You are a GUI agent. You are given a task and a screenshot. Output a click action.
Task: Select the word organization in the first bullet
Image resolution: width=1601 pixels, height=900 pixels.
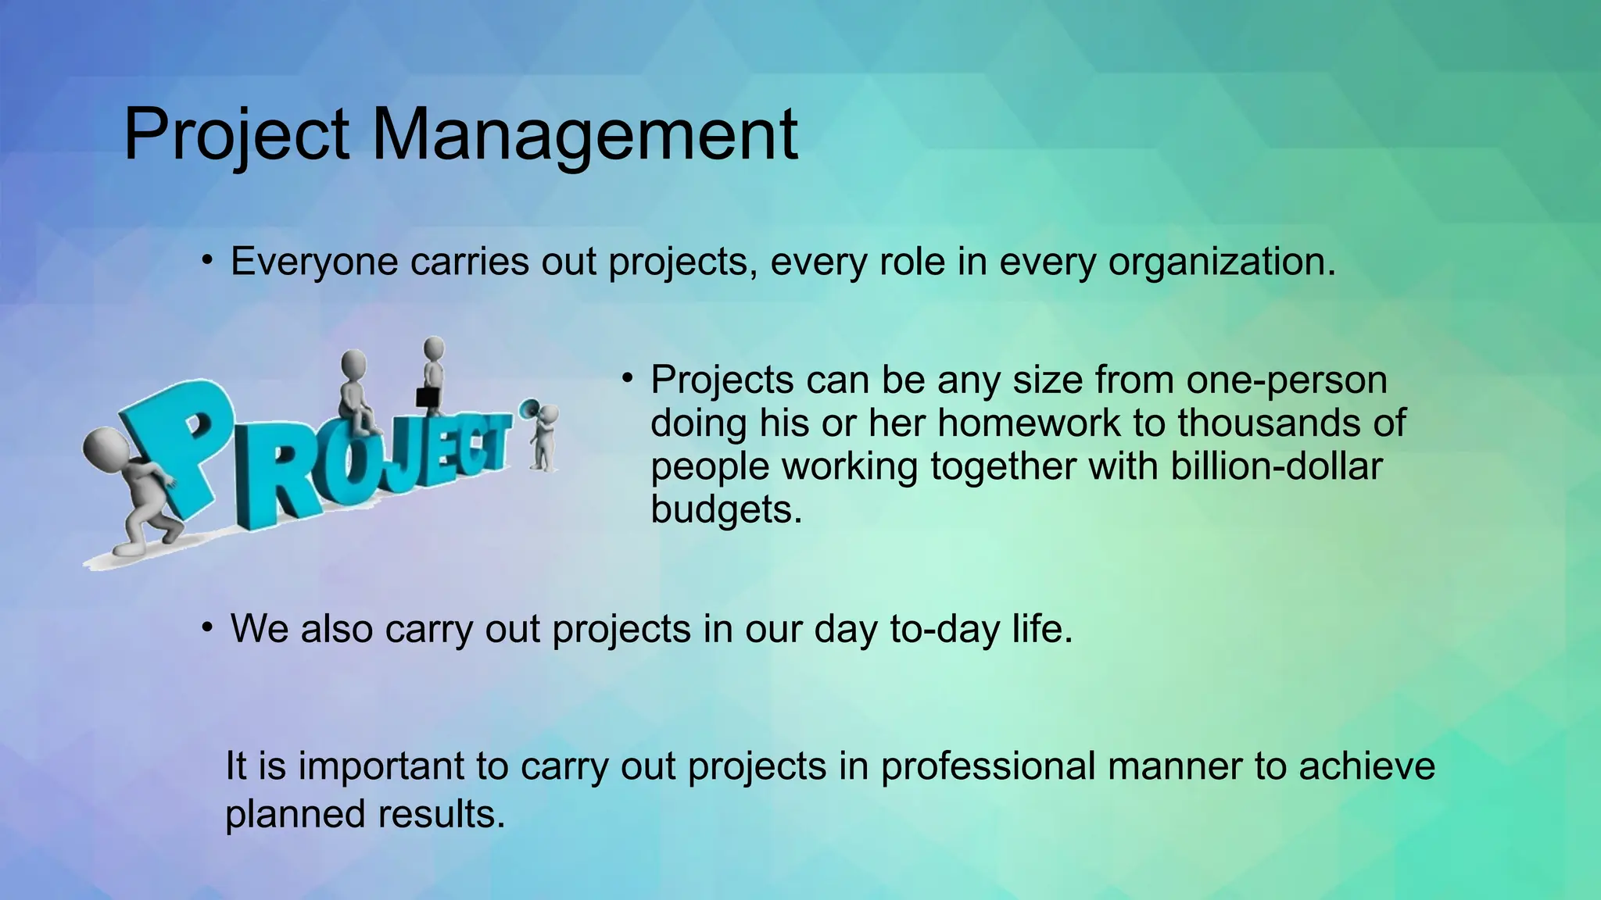(1222, 262)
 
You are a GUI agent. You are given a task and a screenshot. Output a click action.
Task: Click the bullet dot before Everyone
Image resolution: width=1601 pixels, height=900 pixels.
(206, 260)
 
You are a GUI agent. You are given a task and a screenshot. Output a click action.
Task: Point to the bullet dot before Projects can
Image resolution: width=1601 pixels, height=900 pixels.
(627, 379)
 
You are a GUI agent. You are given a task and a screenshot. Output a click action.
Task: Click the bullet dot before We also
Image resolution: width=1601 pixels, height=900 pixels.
(206, 627)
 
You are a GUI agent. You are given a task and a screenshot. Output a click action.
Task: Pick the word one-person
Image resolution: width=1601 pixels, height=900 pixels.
(1286, 380)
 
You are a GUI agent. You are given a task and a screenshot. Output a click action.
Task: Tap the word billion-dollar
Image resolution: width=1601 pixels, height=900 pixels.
(1276, 466)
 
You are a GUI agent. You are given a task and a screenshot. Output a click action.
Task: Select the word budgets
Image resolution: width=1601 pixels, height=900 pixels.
(726, 509)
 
